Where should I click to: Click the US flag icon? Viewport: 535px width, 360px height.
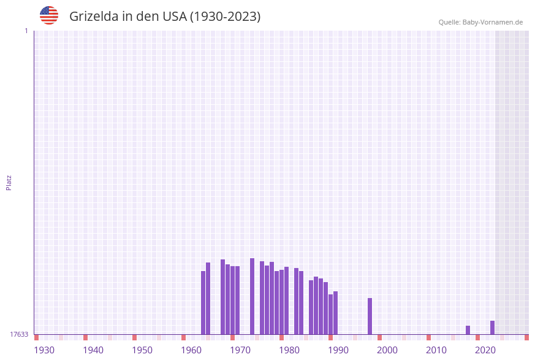(49, 15)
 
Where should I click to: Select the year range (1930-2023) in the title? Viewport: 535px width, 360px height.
(225, 17)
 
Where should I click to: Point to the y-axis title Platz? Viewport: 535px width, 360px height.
(9, 182)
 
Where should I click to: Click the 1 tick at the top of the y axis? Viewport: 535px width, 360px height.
(26, 31)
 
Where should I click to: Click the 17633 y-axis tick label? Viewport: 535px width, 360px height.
(19, 334)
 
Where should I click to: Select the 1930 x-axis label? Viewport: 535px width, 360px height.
(44, 350)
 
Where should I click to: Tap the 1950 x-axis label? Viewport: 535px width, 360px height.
(142, 350)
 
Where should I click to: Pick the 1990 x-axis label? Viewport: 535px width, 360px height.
(338, 350)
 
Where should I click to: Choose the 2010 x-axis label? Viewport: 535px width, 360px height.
(436, 350)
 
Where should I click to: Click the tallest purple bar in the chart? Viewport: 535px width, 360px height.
(252, 296)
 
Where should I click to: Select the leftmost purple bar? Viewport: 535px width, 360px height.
(203, 302)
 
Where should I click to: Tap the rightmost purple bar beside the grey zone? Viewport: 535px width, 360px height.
(492, 327)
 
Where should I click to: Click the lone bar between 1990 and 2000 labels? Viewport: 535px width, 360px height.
(370, 316)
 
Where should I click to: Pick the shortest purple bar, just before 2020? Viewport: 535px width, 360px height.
(468, 330)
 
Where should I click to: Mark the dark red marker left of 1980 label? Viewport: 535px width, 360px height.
(281, 337)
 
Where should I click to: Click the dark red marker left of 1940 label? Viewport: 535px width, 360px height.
(85, 337)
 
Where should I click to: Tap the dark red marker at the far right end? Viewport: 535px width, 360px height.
(526, 337)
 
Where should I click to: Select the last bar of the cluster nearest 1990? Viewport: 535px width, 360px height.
(335, 313)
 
